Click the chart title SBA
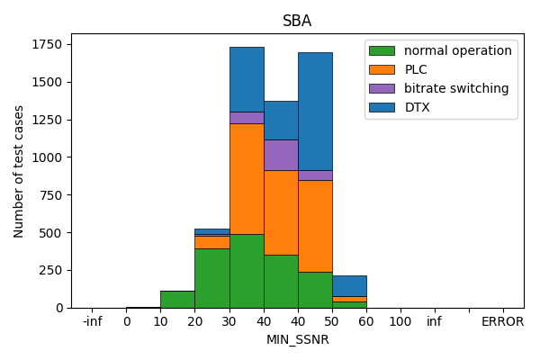297,21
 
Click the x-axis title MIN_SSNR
297,339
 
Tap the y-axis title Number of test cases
19,171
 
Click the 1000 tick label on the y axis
49,157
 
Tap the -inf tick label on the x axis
92,321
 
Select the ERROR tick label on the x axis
502,321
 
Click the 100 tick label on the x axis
400,321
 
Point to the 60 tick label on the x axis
366,321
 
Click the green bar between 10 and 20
177,299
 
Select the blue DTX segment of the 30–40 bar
247,79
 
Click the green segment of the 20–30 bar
212,278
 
